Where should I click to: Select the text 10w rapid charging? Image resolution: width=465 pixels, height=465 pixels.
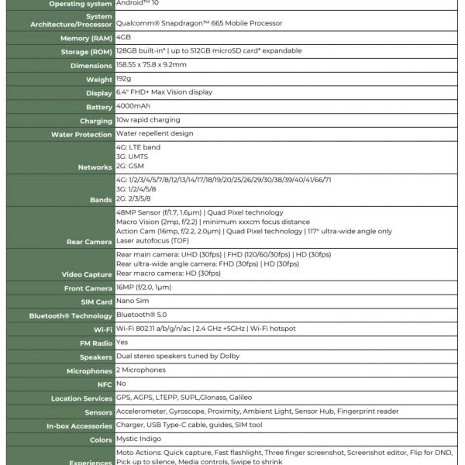click(x=148, y=120)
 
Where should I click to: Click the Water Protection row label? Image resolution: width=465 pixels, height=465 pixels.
click(x=81, y=134)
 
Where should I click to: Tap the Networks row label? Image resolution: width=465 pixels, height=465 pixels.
click(x=95, y=167)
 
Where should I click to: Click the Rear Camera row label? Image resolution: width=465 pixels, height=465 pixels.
click(x=89, y=242)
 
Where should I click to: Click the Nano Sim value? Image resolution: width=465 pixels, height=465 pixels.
click(x=132, y=301)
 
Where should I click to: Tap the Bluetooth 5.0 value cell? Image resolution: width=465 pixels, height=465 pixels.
click(x=140, y=315)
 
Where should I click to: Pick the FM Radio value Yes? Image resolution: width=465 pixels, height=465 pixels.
click(x=122, y=342)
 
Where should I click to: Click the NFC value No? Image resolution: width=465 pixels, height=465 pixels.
click(x=121, y=384)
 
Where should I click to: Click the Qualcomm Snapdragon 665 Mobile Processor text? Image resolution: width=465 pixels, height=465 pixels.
click(x=199, y=23)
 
